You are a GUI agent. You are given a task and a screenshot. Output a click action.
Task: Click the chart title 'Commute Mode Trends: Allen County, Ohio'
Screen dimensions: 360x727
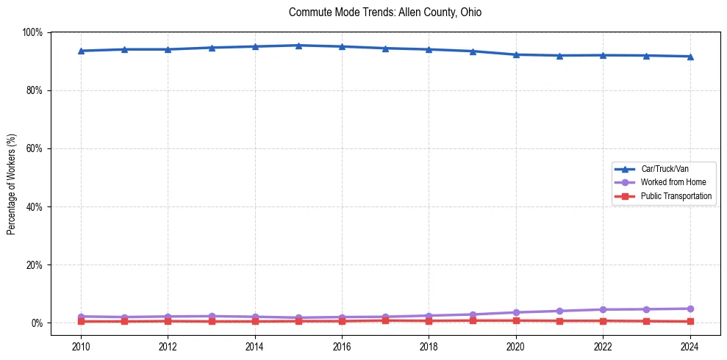(x=385, y=12)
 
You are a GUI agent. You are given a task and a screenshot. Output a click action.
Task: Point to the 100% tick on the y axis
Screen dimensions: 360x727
(x=33, y=32)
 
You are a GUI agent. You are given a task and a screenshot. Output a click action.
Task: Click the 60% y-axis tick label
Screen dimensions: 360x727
(x=35, y=148)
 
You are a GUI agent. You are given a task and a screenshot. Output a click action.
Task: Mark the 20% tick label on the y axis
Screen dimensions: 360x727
(x=35, y=265)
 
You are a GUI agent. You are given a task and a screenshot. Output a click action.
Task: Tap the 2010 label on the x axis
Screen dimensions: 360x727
(x=81, y=346)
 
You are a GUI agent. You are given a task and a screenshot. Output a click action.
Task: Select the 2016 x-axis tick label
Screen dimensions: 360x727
(x=342, y=346)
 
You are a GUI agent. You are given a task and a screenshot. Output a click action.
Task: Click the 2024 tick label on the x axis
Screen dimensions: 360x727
(x=690, y=346)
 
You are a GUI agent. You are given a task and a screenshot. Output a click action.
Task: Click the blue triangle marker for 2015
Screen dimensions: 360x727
(x=298, y=46)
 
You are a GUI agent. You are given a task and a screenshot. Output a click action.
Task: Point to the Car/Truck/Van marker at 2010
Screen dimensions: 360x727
(x=81, y=51)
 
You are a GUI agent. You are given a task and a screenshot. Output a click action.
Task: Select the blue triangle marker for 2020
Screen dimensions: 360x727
(x=516, y=54)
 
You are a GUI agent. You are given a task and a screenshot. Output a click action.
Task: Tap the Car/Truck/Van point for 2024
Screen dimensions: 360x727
(x=690, y=57)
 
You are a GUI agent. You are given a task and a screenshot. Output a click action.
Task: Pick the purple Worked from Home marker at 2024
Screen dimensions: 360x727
(x=690, y=309)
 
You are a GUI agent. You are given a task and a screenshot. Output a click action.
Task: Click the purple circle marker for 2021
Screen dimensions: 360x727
(x=559, y=311)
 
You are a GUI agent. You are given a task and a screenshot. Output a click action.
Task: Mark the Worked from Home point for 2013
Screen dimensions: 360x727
(x=212, y=316)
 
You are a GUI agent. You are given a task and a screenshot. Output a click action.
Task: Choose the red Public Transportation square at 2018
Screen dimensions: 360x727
(x=429, y=320)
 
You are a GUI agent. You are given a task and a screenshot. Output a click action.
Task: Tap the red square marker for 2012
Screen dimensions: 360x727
(x=168, y=321)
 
